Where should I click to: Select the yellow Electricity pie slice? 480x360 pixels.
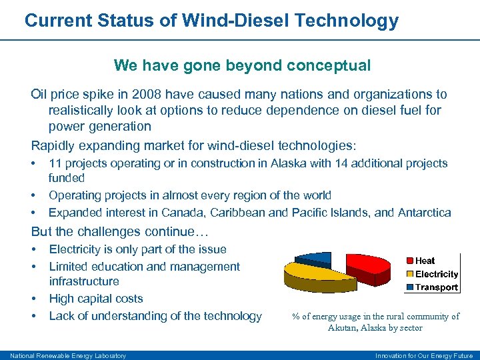313,273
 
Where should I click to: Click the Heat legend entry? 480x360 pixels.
425,261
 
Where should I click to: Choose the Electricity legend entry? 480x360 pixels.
436,274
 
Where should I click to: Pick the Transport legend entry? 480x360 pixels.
436,287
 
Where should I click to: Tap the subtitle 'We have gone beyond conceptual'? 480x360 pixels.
242,65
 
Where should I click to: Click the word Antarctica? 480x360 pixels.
424,213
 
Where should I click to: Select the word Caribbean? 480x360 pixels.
268,213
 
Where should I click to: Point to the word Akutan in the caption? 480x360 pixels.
343,328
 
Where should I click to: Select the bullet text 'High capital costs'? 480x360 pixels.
96,299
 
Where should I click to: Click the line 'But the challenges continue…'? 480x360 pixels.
120,232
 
